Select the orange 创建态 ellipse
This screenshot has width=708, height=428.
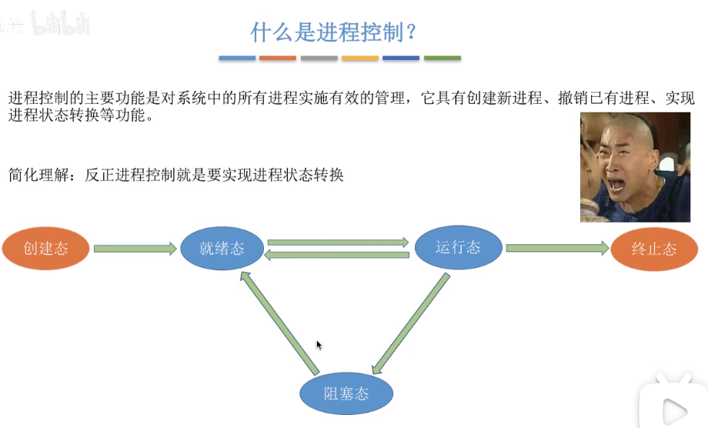point(46,249)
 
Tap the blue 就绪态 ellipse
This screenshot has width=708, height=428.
point(222,248)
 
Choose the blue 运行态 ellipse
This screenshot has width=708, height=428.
point(458,247)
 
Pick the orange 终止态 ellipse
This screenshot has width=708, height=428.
point(654,249)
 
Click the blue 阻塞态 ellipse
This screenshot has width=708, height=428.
point(346,393)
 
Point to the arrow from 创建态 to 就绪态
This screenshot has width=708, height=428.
point(135,249)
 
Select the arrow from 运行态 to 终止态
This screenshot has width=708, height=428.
point(557,248)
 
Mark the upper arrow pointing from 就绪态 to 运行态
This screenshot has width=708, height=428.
point(338,242)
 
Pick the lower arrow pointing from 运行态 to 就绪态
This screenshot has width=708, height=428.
point(338,255)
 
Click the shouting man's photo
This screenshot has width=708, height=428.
point(635,167)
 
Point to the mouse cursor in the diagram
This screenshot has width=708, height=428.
point(319,345)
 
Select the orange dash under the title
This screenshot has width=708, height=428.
point(278,58)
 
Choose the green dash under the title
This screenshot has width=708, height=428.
point(442,58)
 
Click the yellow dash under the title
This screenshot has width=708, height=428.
point(360,58)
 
